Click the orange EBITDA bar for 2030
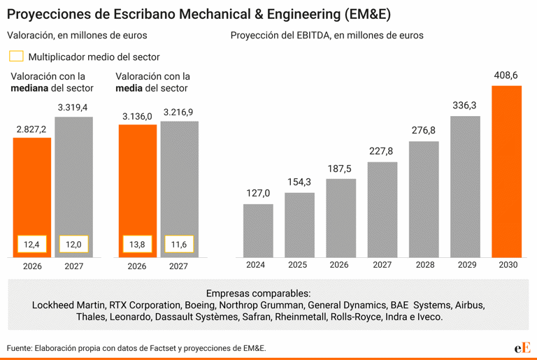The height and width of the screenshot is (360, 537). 507,171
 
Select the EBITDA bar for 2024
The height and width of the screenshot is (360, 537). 258,231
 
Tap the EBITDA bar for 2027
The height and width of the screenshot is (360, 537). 382,210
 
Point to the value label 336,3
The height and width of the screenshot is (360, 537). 464,106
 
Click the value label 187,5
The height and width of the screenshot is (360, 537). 340,168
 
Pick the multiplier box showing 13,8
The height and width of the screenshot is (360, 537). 137,245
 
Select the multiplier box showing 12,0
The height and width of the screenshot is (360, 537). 73,245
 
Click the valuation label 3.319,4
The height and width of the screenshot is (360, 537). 73,107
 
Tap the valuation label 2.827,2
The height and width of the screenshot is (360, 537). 31,129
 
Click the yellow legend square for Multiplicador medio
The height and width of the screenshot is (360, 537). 16,57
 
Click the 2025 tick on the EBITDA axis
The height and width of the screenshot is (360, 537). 298,265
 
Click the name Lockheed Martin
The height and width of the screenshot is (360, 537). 69,305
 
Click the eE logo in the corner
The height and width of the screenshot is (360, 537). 522,347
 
